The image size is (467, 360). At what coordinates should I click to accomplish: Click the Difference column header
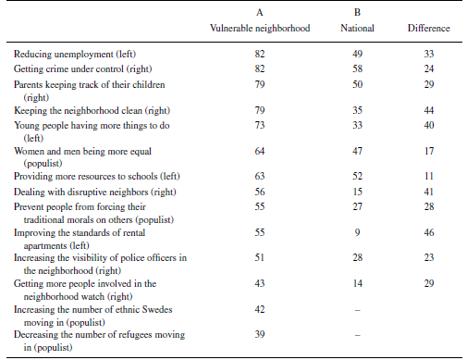pos(427,29)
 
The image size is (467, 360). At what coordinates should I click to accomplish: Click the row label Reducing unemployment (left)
pos(71,55)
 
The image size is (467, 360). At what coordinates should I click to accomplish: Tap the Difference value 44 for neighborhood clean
pos(427,108)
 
